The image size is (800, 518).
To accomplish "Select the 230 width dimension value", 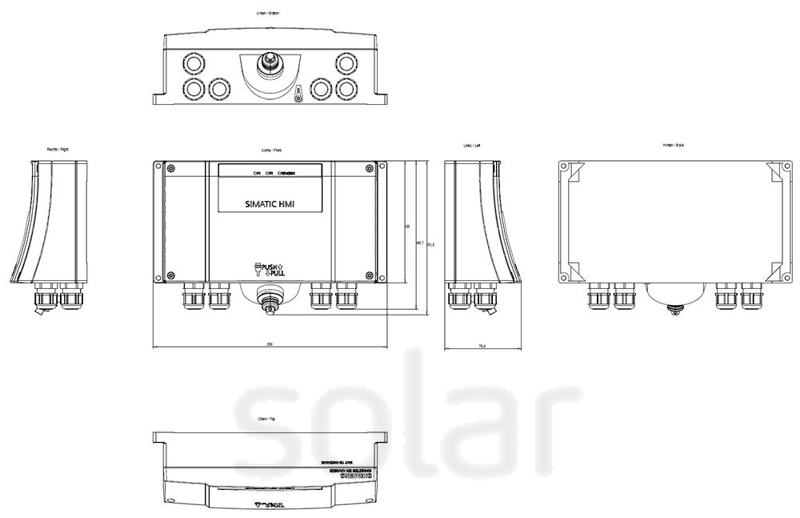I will click(270, 344).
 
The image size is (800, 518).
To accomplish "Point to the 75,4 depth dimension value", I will click(482, 346).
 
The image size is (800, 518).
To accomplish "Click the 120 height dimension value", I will click(407, 227).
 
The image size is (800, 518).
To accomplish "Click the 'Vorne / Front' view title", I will click(271, 150).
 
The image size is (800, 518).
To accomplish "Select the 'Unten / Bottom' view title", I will click(268, 14).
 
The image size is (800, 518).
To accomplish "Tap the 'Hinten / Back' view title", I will click(673, 145).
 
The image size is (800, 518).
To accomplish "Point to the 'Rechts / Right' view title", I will click(58, 149).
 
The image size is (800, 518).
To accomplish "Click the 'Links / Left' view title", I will click(473, 146).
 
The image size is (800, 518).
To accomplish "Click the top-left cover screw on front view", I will click(170, 168).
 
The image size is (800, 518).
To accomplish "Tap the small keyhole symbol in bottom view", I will click(298, 94).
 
